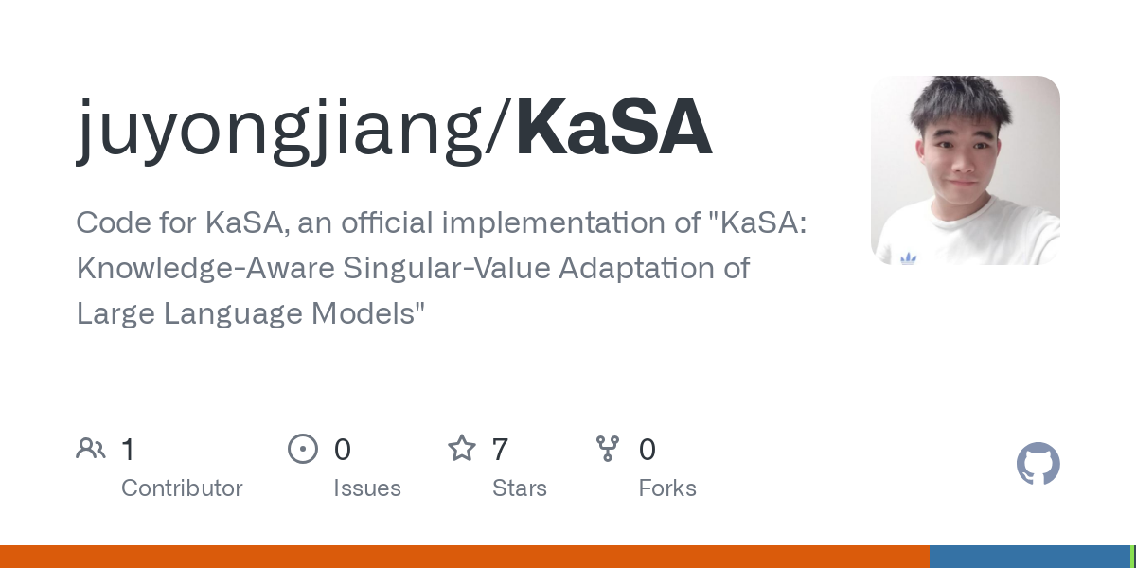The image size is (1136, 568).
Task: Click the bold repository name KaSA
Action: [613, 125]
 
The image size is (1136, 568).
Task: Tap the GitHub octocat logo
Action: [1038, 464]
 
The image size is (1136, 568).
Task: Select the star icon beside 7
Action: [462, 449]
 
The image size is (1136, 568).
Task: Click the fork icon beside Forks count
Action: [608, 449]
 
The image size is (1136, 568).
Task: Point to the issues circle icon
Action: [303, 449]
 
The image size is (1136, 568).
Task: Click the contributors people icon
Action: [91, 449]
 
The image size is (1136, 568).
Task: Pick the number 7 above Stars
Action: [500, 450]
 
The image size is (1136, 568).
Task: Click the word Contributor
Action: [182, 488]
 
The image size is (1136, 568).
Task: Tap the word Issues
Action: [367, 488]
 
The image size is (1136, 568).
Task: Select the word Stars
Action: [520, 488]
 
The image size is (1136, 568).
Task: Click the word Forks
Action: [667, 488]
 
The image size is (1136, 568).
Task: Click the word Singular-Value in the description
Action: [447, 268]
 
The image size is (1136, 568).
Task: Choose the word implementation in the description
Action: [553, 223]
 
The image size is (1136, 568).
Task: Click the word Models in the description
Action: [368, 313]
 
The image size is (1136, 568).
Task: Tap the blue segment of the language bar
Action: [1030, 557]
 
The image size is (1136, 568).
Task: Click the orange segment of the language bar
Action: [465, 557]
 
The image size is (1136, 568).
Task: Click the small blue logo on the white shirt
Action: [908, 259]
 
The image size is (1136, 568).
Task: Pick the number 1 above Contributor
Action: [129, 450]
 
